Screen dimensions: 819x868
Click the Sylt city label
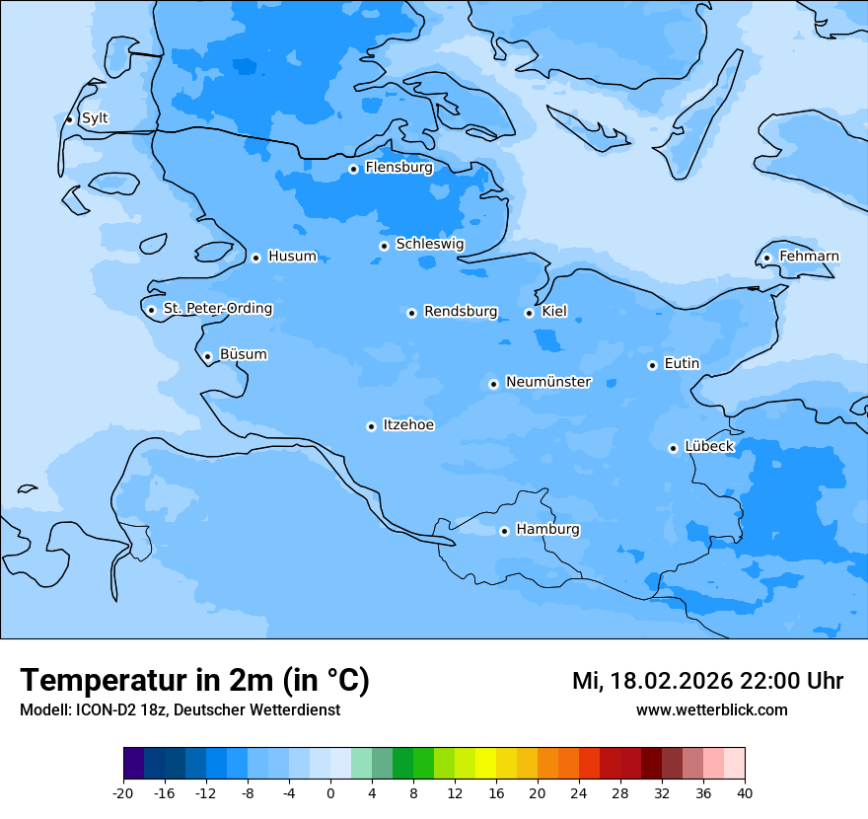(x=95, y=118)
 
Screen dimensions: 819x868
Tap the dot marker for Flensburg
(x=353, y=169)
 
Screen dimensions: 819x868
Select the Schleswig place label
(x=429, y=244)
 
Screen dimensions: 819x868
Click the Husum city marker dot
(x=255, y=258)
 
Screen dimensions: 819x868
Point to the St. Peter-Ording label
(x=217, y=309)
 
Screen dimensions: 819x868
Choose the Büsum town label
(x=243, y=354)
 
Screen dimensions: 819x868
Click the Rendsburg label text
(x=461, y=312)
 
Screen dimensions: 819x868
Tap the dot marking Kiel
(x=529, y=313)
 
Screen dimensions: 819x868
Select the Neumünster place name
(x=547, y=382)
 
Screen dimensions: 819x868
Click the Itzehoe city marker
(x=371, y=426)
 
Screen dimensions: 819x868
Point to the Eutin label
(x=682, y=364)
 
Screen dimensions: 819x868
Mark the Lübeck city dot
(x=673, y=448)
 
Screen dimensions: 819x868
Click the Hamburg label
(x=547, y=529)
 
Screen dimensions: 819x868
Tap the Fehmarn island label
(x=809, y=257)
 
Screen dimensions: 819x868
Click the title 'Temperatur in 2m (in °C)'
(x=194, y=681)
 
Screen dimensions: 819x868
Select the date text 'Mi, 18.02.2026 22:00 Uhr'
(x=707, y=681)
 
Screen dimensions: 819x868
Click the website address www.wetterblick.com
(x=711, y=710)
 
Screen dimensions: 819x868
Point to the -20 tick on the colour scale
(x=123, y=793)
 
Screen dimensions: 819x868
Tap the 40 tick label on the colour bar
(x=745, y=793)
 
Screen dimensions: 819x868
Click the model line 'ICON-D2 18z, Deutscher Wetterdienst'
(x=180, y=710)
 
